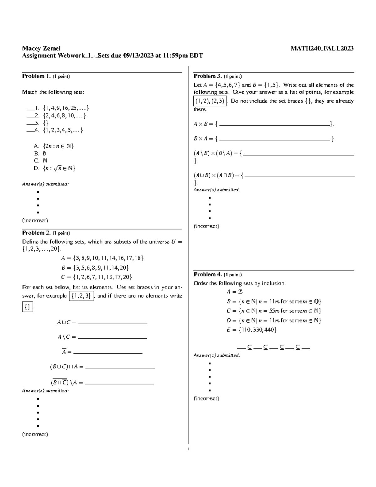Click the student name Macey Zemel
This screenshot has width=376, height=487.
coord(41,48)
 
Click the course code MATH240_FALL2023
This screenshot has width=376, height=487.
coord(322,48)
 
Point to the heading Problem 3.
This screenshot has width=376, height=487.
coord(208,76)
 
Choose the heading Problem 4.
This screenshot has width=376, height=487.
coord(208,274)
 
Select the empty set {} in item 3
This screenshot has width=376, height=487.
coord(45,123)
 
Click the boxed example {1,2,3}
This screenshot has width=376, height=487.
coord(81,296)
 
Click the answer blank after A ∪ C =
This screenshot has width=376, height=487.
coord(112,323)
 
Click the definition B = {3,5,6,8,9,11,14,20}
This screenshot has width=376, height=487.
coord(95,267)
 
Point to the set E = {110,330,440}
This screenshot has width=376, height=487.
coord(252,330)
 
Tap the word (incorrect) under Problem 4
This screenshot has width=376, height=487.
coord(206,399)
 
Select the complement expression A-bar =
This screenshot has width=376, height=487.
coord(67,352)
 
